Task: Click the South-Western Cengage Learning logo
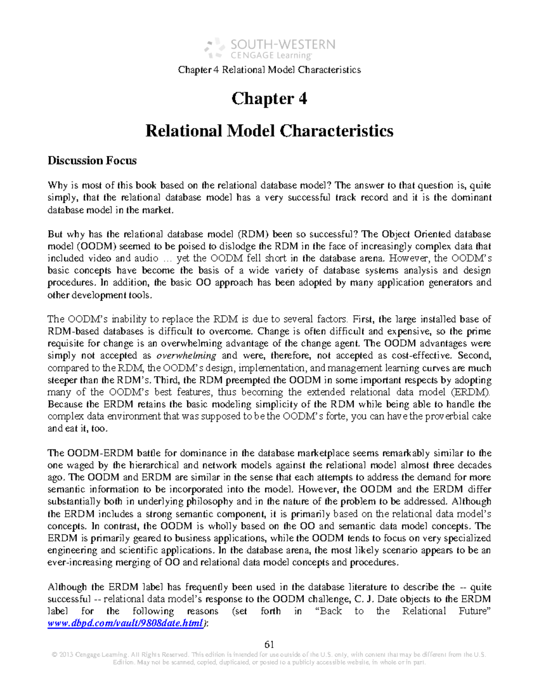(269, 49)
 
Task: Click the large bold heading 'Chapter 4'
(269, 98)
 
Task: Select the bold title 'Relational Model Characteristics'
(269, 131)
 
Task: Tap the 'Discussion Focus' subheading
(92, 160)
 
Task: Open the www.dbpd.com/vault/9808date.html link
(125, 623)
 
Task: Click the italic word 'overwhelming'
(189, 356)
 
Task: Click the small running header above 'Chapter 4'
(269, 70)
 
